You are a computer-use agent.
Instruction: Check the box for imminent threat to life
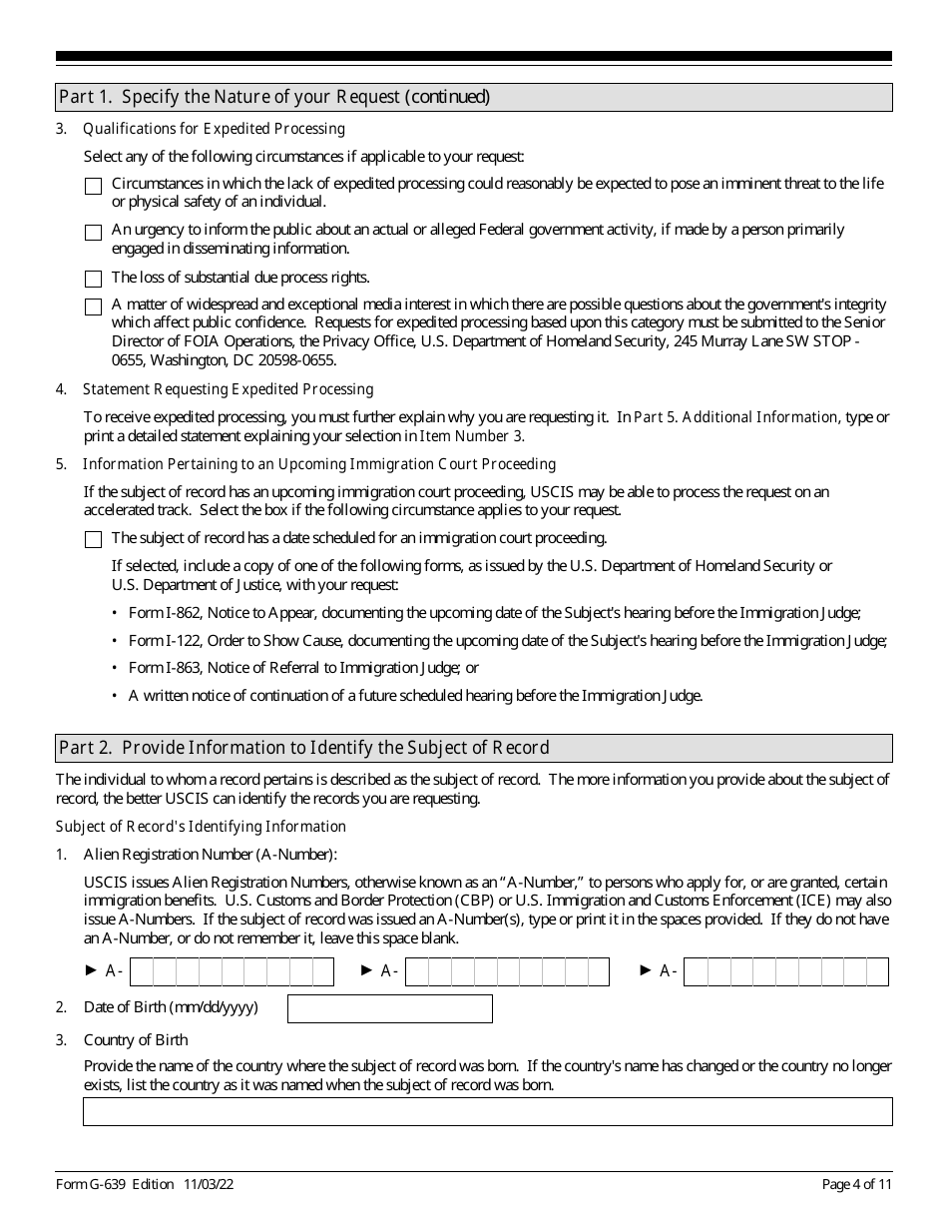tap(93, 186)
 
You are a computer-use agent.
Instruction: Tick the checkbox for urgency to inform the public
tap(93, 233)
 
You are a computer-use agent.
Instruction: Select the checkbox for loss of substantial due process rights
tap(93, 279)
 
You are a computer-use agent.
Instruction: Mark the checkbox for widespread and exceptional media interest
tap(93, 307)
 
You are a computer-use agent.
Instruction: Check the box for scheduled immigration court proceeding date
tap(93, 539)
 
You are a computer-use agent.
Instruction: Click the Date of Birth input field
tap(389, 1008)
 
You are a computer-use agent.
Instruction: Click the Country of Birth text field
tap(487, 1111)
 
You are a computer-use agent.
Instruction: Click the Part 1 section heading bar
tap(474, 97)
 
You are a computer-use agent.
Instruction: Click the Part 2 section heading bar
tap(474, 748)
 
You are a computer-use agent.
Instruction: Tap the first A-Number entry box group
tap(232, 971)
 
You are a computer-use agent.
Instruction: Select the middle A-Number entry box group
tap(507, 971)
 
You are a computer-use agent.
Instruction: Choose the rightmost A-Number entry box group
tap(785, 971)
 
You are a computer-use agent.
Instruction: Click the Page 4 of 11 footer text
tap(856, 1184)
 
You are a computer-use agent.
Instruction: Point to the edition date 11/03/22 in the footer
tap(209, 1184)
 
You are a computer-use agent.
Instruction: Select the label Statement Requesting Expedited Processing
tap(228, 388)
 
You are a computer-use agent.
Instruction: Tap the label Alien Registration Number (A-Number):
tap(211, 854)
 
